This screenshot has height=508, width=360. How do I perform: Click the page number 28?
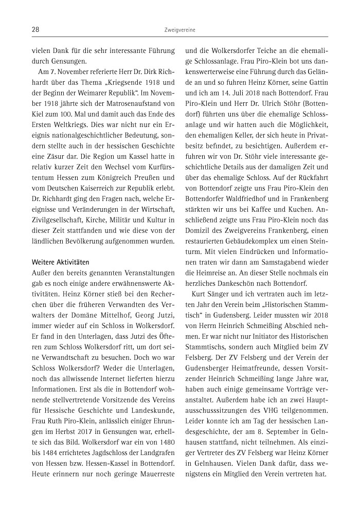click(x=35, y=31)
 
